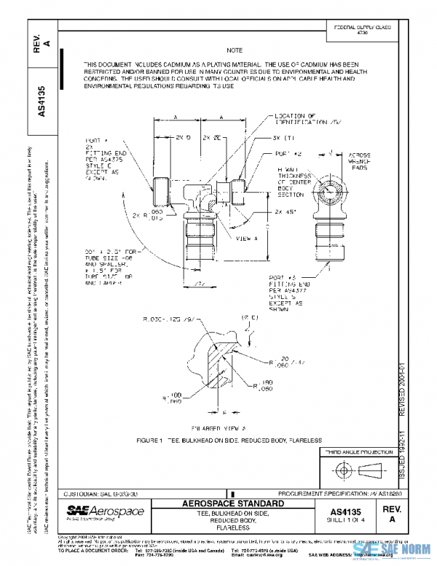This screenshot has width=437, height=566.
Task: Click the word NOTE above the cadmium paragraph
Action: coord(234,50)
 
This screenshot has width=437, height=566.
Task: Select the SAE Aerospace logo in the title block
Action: coord(96,513)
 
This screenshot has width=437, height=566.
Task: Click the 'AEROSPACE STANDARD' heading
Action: coord(229,504)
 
